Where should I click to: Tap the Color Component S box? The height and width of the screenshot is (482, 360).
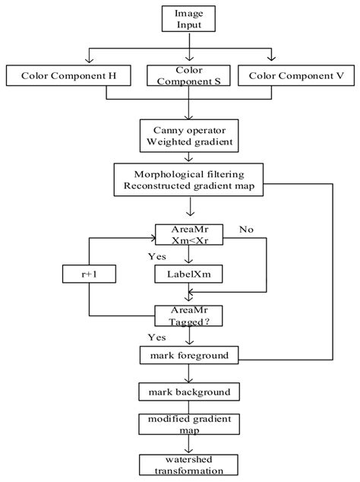(x=183, y=76)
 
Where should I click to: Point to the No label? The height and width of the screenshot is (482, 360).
(x=246, y=227)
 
